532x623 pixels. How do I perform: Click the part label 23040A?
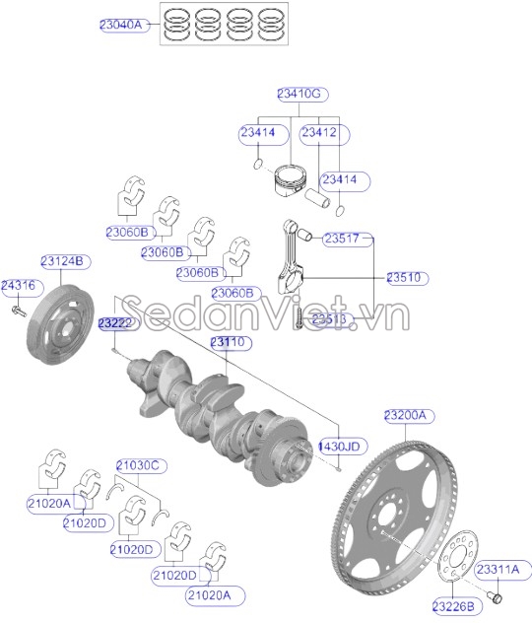pyautogui.click(x=121, y=25)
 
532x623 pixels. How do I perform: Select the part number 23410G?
pyautogui.click(x=299, y=94)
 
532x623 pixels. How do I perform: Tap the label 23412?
pyautogui.click(x=319, y=132)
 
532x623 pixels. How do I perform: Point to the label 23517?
pyautogui.click(x=342, y=239)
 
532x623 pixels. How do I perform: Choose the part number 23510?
pyautogui.click(x=403, y=277)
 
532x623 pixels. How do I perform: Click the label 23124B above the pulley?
pyautogui.click(x=62, y=261)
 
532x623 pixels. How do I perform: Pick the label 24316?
pyautogui.click(x=19, y=285)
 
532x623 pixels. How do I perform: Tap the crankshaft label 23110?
pyautogui.click(x=228, y=342)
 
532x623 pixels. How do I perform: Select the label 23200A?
pyautogui.click(x=405, y=416)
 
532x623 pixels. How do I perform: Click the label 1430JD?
pyautogui.click(x=339, y=447)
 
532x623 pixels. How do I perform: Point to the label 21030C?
pyautogui.click(x=138, y=465)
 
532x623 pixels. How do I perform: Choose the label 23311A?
pyautogui.click(x=498, y=570)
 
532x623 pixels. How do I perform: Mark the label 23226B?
pyautogui.click(x=453, y=606)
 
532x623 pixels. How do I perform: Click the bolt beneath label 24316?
pyautogui.click(x=19, y=311)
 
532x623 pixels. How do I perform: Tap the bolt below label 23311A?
pyautogui.click(x=495, y=596)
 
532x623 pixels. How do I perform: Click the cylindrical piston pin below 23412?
pyautogui.click(x=317, y=198)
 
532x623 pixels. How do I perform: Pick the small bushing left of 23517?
pyautogui.click(x=304, y=235)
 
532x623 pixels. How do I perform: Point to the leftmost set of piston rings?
pyautogui.click(x=176, y=25)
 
